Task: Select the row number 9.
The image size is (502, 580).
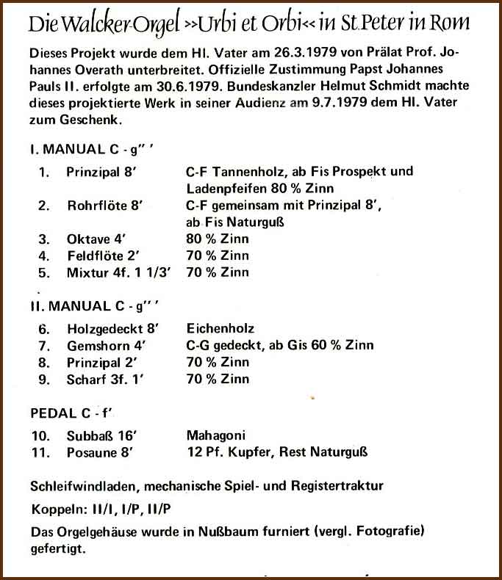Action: tap(44, 380)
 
